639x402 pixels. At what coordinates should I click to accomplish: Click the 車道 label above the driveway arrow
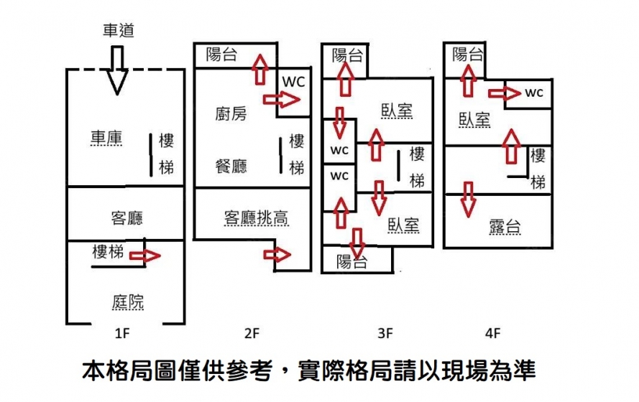(x=118, y=31)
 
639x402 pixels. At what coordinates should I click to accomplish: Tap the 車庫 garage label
(x=106, y=139)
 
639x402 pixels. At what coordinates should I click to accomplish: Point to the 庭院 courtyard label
(x=127, y=302)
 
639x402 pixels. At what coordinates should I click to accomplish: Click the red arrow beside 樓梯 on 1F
(x=144, y=255)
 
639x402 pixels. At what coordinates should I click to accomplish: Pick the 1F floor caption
(x=122, y=333)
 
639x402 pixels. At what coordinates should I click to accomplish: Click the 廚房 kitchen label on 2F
(x=230, y=113)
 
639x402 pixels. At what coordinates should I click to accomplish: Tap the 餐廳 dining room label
(x=231, y=167)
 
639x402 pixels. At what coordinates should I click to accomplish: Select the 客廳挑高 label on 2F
(x=257, y=218)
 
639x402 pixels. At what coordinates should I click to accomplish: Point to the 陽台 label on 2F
(x=221, y=55)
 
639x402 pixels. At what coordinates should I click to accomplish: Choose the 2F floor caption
(x=251, y=333)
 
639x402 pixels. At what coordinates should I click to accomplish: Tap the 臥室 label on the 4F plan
(x=474, y=119)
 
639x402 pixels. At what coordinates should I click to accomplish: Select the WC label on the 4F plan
(x=534, y=93)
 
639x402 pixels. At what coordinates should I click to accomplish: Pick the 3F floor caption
(x=385, y=333)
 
